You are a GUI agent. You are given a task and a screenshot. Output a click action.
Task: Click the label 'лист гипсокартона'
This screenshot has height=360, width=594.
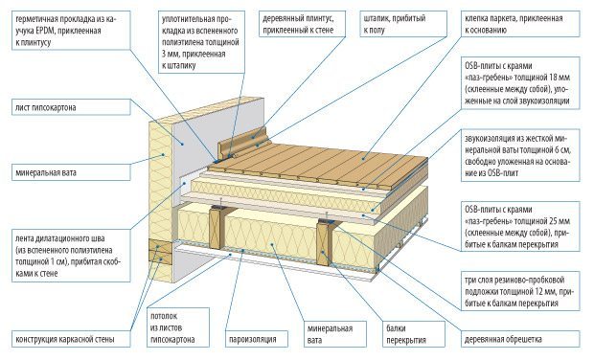coord(46,108)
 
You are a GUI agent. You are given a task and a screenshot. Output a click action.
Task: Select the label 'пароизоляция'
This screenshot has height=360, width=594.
coord(253,339)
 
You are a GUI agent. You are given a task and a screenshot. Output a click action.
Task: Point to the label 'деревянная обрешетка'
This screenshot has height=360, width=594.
coord(503,339)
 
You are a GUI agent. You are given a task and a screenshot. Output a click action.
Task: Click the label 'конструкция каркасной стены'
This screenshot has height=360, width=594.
coord(65,339)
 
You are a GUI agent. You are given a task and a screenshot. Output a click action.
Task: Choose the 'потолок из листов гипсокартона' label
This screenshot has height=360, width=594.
coord(172,327)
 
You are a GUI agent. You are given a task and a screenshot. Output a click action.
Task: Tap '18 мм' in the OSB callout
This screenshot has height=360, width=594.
coord(560,78)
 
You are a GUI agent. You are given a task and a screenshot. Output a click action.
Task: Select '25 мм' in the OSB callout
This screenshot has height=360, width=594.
coord(560,221)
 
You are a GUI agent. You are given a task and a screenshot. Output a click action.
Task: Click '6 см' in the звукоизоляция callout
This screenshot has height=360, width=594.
coord(561,149)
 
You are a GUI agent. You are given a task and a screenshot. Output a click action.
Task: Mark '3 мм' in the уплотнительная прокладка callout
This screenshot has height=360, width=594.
coord(170,54)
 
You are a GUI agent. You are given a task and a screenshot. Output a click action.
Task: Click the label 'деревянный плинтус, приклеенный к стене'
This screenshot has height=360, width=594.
coord(298,24)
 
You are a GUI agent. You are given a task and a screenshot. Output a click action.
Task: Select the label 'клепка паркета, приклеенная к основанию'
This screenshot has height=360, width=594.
coord(514,24)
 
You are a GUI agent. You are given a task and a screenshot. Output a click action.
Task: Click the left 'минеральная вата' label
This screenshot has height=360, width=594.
coord(46,173)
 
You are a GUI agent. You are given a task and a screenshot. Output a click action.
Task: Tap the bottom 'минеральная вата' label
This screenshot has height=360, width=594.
coord(330,334)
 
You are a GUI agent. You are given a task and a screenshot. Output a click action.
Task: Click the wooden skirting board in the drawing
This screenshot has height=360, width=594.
coord(243,144)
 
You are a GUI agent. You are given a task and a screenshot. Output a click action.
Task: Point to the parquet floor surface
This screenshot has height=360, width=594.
coord(318,162)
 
